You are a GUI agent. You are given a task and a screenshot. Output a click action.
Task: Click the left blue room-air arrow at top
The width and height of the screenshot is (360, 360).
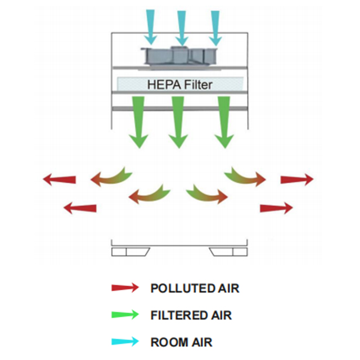150,26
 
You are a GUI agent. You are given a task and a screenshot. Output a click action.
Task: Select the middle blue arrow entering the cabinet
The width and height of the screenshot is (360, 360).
182,26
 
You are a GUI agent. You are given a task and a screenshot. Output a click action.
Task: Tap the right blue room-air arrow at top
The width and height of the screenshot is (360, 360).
215,26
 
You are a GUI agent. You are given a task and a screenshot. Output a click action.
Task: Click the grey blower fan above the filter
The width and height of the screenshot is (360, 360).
181,55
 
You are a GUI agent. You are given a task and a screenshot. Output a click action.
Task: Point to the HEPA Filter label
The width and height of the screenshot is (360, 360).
179,85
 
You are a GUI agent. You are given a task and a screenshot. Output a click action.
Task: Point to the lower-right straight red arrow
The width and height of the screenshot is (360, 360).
276,208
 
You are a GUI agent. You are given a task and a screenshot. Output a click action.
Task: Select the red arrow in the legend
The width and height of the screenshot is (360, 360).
125,288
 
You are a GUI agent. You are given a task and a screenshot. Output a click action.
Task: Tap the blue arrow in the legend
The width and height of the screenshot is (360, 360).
125,341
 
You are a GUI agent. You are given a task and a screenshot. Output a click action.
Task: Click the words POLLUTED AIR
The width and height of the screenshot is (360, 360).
195,289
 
